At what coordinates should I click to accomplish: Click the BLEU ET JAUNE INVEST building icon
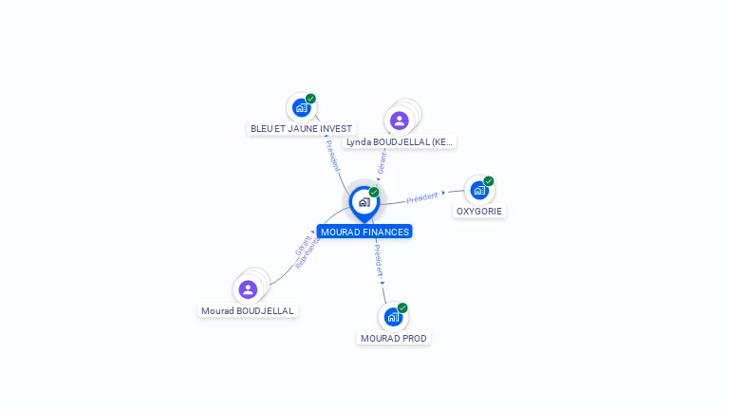click(x=302, y=107)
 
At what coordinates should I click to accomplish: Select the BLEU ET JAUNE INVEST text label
click(x=301, y=128)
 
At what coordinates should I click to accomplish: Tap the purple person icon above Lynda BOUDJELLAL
click(x=399, y=121)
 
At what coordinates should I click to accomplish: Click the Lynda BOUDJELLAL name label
click(x=400, y=141)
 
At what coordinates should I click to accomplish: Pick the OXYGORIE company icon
click(x=479, y=190)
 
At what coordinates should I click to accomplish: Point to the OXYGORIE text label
click(x=479, y=211)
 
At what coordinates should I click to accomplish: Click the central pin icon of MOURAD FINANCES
click(x=364, y=201)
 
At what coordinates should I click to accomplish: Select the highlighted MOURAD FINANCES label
click(x=364, y=232)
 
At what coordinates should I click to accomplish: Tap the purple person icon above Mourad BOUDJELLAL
click(x=248, y=289)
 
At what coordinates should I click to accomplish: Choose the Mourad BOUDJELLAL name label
click(x=248, y=310)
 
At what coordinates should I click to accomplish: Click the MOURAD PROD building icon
click(x=393, y=317)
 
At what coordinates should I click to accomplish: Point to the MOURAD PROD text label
click(x=394, y=338)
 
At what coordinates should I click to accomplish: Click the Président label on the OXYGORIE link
click(x=422, y=197)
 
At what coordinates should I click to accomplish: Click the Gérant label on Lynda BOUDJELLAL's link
click(x=382, y=162)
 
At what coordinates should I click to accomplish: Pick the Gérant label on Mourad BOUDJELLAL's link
click(x=302, y=246)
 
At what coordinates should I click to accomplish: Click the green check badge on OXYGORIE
click(x=489, y=181)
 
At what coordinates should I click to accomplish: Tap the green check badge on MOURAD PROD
click(x=402, y=308)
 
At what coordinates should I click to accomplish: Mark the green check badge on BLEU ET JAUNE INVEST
click(x=310, y=99)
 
